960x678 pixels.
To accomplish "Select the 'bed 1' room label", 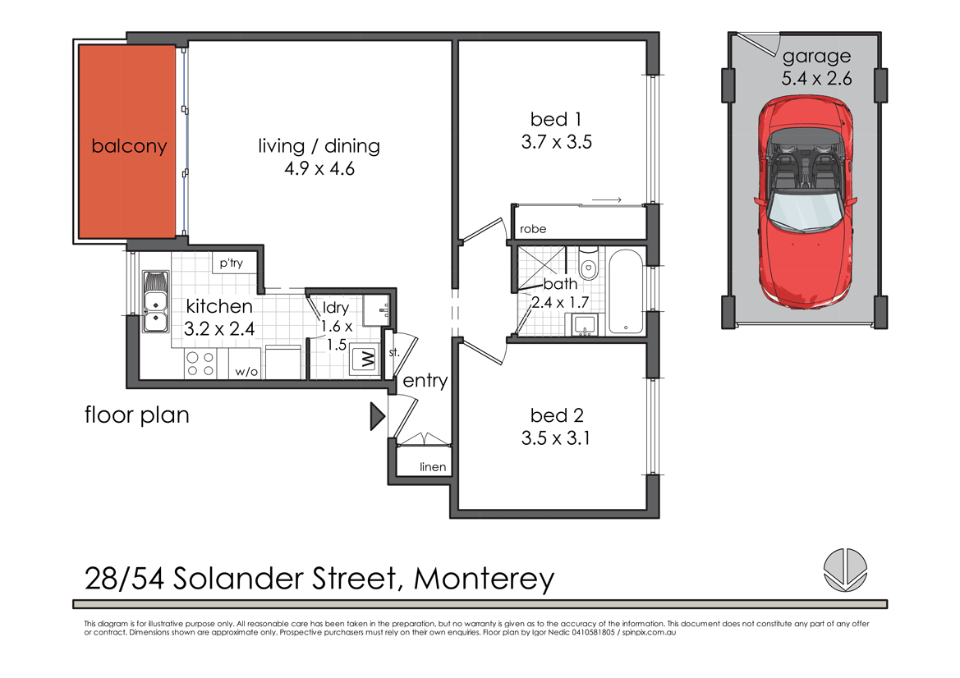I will [556, 120].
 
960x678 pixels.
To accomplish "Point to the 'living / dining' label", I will [319, 146].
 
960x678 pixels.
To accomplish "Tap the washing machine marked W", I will [362, 360].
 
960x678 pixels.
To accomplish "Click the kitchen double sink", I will [154, 301].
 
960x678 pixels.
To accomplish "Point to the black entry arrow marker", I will [377, 417].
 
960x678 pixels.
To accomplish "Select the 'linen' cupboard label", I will [433, 467].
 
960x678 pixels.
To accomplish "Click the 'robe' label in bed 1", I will [531, 229].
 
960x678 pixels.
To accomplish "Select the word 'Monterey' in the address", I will [484, 579].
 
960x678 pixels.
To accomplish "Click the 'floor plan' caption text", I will [137, 415].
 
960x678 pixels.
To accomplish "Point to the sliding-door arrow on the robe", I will [606, 199].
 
